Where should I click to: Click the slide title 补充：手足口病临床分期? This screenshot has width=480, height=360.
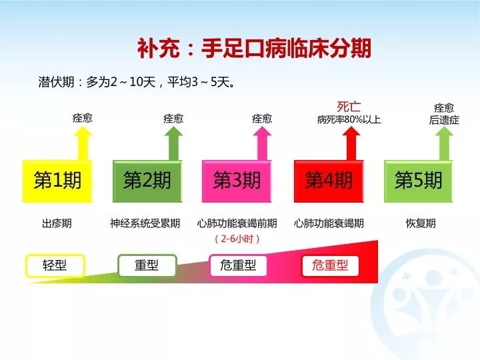coord(254,49)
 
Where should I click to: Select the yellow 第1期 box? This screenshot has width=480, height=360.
coord(57,180)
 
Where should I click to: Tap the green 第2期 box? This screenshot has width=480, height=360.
coord(147,180)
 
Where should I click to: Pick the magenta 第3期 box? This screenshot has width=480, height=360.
coord(237,180)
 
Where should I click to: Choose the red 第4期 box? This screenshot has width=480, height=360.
coord(328,180)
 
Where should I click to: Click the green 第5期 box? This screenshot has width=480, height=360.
coord(418,180)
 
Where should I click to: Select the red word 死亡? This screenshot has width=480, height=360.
coord(348,106)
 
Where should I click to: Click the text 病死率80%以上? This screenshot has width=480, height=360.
coord(349,120)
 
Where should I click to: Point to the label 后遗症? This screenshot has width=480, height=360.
coord(444,120)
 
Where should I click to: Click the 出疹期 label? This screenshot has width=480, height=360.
coord(57,223)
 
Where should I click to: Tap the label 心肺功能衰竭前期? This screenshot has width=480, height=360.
coord(237,223)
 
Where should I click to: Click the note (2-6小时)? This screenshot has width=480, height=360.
coord(237,238)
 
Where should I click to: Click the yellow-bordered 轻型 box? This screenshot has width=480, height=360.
coord(55,265)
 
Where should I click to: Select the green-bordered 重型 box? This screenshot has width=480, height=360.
coord(147,265)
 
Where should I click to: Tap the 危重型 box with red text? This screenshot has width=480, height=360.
coord(330,265)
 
